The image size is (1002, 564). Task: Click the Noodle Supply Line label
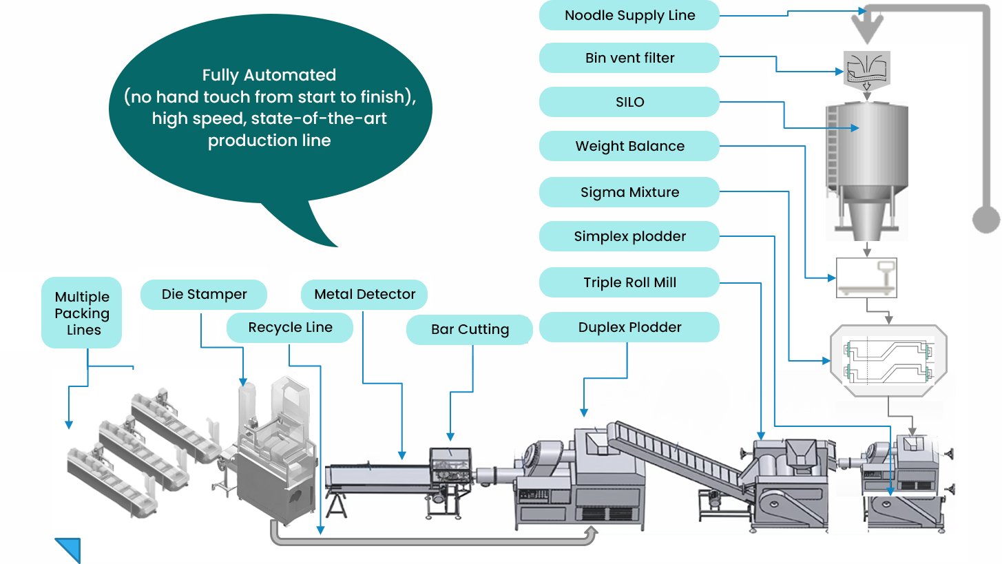(629, 15)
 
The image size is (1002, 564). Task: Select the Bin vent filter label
(629, 58)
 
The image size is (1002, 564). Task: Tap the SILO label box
(629, 102)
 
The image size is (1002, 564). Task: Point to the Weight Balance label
(629, 146)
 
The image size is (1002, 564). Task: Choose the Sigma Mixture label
(629, 192)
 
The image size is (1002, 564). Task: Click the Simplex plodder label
(629, 236)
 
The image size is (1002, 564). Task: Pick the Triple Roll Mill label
(629, 282)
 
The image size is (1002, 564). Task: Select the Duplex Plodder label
(629, 327)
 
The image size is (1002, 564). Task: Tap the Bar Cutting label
(470, 329)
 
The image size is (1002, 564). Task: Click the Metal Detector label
(364, 294)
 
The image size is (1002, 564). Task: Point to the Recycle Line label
(290, 327)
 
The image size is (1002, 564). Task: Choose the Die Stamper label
(204, 294)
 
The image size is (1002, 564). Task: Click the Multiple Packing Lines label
(83, 313)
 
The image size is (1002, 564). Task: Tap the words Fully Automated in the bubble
(269, 75)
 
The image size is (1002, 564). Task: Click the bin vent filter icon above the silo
(867, 67)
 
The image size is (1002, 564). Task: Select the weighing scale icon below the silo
(866, 278)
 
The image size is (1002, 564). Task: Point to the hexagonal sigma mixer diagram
(888, 360)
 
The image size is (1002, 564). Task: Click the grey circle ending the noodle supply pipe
(985, 220)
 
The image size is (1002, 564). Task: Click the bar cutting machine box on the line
(451, 468)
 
